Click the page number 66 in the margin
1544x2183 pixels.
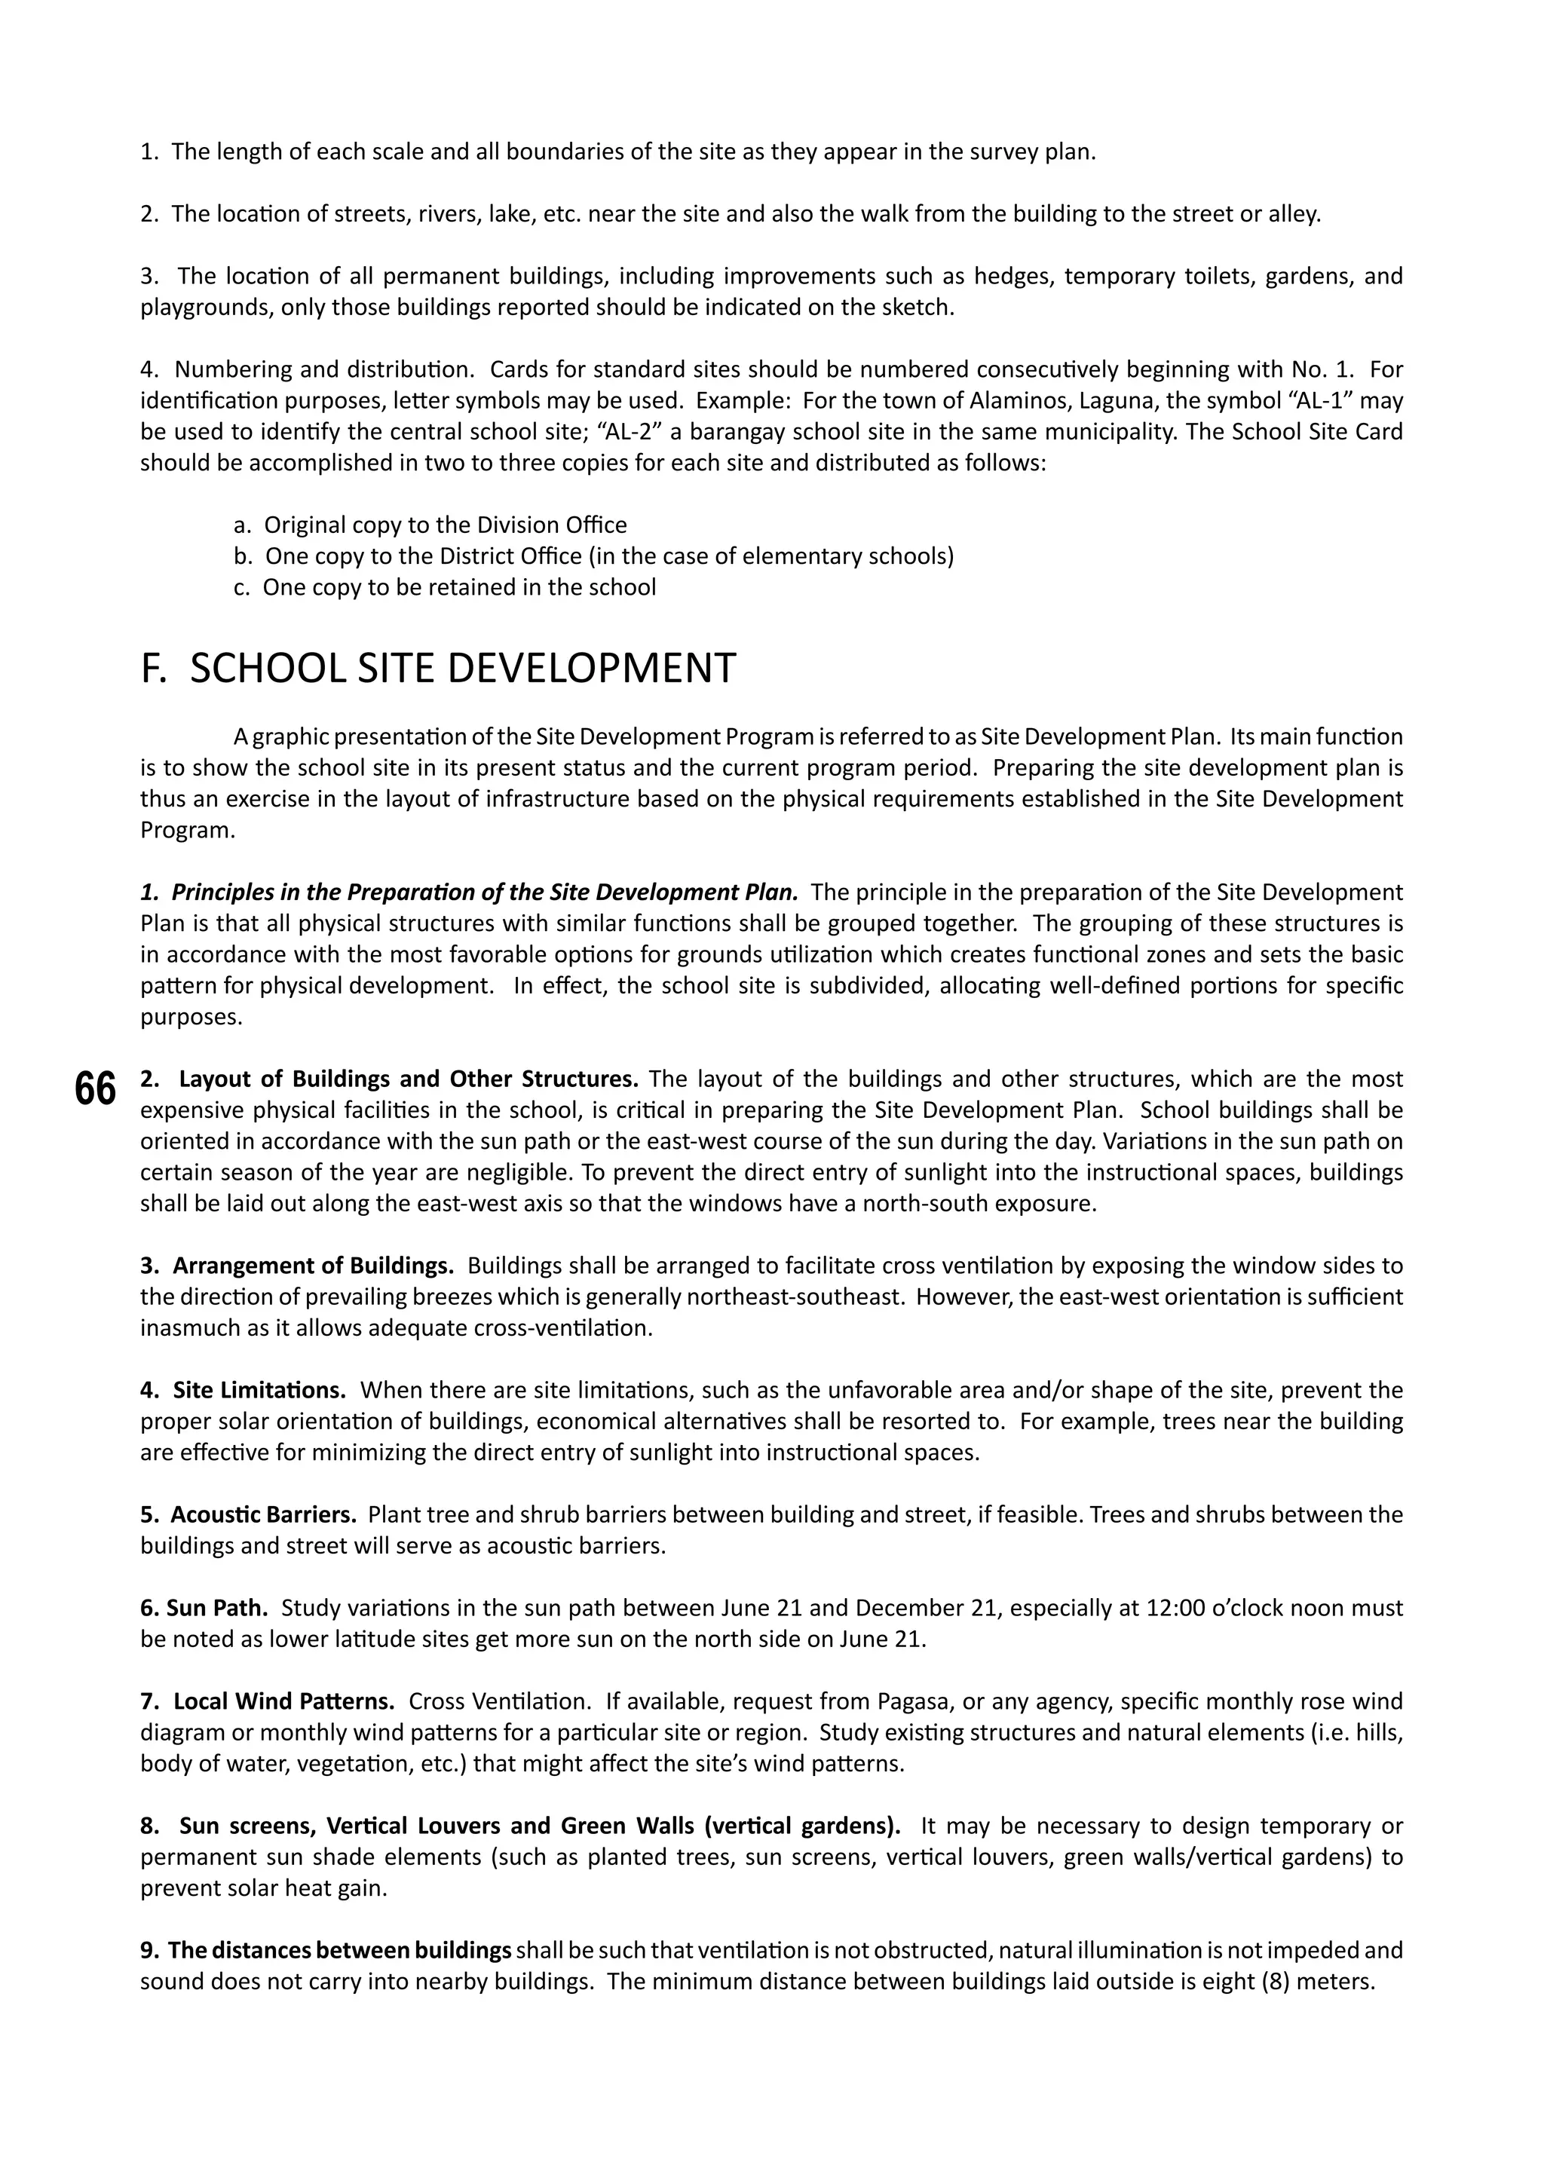[95, 1089]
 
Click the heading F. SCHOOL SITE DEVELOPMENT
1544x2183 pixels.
[437, 669]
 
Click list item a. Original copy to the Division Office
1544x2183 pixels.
[430, 525]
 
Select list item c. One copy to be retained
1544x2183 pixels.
[444, 587]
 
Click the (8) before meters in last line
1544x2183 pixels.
[1274, 1982]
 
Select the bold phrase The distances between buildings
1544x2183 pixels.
[339, 1951]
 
